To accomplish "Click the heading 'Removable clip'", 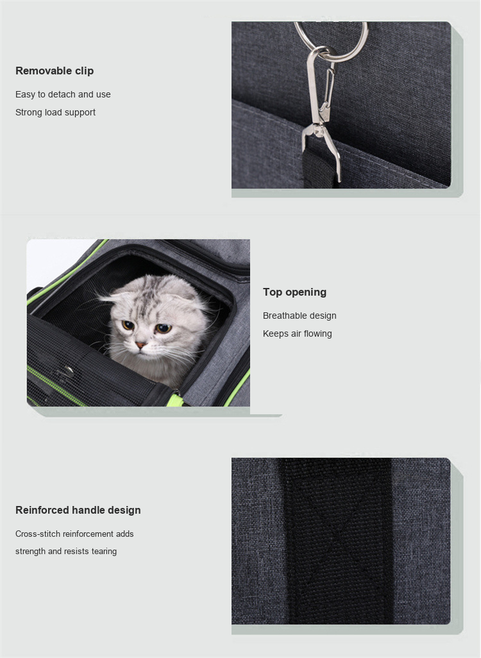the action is (55, 71).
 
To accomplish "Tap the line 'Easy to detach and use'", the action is (63, 94).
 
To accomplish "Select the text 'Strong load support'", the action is (55, 112).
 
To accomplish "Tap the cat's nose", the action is (140, 345).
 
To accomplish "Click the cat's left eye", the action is (163, 328).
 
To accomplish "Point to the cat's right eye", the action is (128, 325).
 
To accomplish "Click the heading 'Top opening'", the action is (294, 292).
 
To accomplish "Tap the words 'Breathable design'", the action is (300, 316).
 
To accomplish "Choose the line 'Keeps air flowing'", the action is (298, 333).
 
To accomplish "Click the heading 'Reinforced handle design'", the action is (78, 510).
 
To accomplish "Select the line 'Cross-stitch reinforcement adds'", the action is (74, 534).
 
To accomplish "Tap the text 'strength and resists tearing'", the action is (66, 551).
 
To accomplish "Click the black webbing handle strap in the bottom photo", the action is (338, 541).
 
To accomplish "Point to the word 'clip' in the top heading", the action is (85, 71).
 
